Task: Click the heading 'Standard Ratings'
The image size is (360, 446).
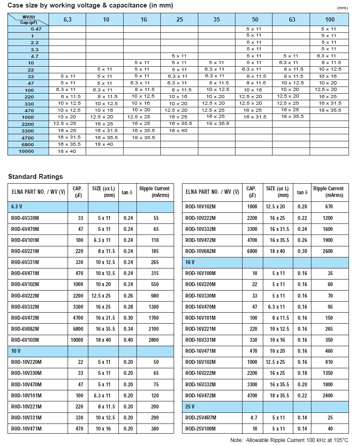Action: tap(35, 177)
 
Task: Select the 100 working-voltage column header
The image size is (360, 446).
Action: tap(330, 19)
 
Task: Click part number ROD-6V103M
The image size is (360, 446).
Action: tap(25, 340)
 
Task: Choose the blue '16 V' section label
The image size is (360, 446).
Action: tap(190, 262)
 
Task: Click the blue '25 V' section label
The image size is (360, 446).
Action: tap(190, 406)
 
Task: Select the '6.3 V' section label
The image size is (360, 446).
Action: tap(17, 207)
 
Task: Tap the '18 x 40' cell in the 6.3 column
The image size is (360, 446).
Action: tap(67, 151)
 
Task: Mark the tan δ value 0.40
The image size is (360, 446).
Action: tap(127, 340)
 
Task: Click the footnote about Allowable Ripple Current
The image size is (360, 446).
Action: tap(289, 440)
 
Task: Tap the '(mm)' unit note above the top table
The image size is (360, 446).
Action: tap(342, 8)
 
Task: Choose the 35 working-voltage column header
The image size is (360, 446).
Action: tap(216, 19)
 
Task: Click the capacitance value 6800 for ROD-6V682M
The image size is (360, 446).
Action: tap(77, 329)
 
